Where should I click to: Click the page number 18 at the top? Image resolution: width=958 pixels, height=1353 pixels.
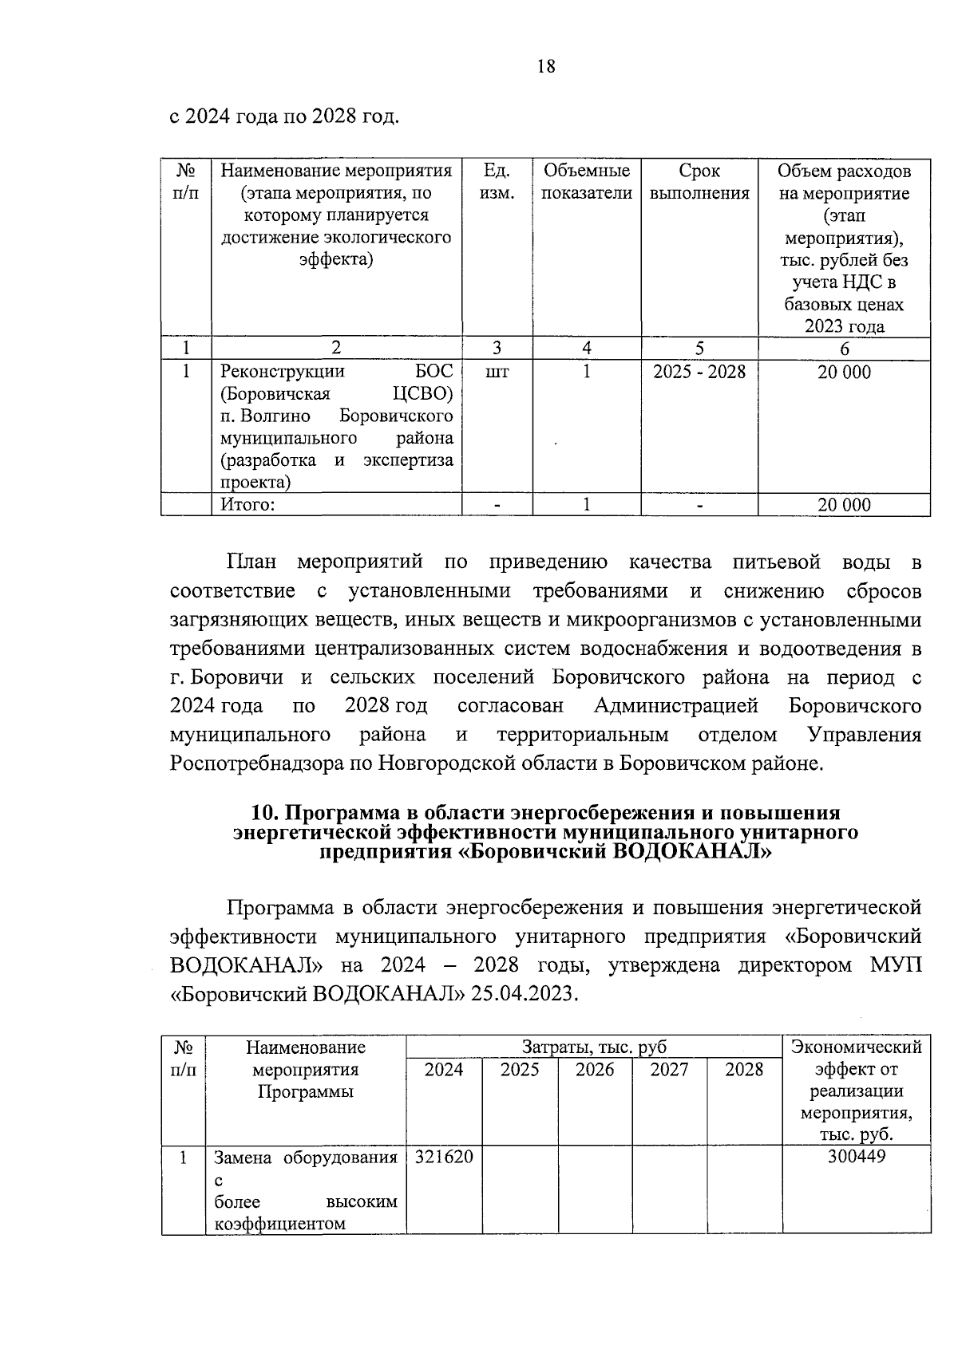pyautogui.click(x=546, y=66)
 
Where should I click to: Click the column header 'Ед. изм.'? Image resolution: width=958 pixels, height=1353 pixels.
pyautogui.click(x=497, y=182)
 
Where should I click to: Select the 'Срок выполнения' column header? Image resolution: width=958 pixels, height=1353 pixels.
pyautogui.click(x=699, y=182)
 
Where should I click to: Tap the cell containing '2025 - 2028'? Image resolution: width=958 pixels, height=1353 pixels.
pyautogui.click(x=699, y=372)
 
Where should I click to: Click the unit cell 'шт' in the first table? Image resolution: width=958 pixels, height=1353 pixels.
pyautogui.click(x=497, y=372)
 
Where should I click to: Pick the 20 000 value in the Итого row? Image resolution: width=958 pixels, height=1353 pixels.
pyautogui.click(x=844, y=504)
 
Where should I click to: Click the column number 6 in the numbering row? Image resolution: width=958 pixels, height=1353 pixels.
pyautogui.click(x=844, y=349)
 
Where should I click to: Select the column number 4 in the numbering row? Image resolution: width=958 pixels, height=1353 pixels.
pyautogui.click(x=587, y=349)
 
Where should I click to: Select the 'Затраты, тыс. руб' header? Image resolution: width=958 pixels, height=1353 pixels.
pyautogui.click(x=594, y=1047)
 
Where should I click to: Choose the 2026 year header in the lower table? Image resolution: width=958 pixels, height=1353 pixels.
pyautogui.click(x=595, y=1069)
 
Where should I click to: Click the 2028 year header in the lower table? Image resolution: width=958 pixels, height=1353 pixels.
pyautogui.click(x=744, y=1069)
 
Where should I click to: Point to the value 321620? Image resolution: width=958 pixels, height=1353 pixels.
pyautogui.click(x=444, y=1157)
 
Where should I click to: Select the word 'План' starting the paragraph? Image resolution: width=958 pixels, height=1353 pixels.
pyautogui.click(x=251, y=562)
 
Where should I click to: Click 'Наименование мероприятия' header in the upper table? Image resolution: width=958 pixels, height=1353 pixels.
pyautogui.click(x=336, y=172)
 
